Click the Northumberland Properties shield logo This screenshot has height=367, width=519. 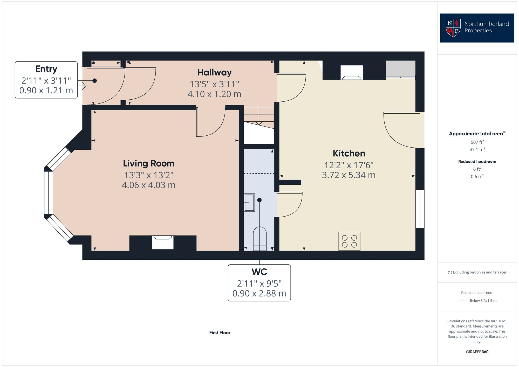tap(453, 28)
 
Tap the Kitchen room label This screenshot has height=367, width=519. tap(349, 153)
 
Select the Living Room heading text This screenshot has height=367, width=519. tap(149, 163)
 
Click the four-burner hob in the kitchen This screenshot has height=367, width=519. tap(349, 241)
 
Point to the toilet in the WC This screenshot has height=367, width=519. tap(260, 239)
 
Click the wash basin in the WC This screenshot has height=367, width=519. tap(249, 203)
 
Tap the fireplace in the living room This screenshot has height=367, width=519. tap(162, 242)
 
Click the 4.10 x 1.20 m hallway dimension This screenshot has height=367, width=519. tap(214, 94)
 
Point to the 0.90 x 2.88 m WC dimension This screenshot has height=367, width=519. tap(259, 293)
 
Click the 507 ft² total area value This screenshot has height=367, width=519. tap(477, 142)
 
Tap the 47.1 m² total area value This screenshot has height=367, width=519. tap(477, 150)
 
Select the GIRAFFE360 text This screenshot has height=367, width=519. tap(477, 352)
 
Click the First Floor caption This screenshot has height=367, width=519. tap(220, 333)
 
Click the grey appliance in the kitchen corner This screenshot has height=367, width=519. tap(400, 69)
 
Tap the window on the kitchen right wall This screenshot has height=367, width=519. tap(420, 209)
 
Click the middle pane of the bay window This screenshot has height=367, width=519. tap(49, 192)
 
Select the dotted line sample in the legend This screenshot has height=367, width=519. tap(462, 301)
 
